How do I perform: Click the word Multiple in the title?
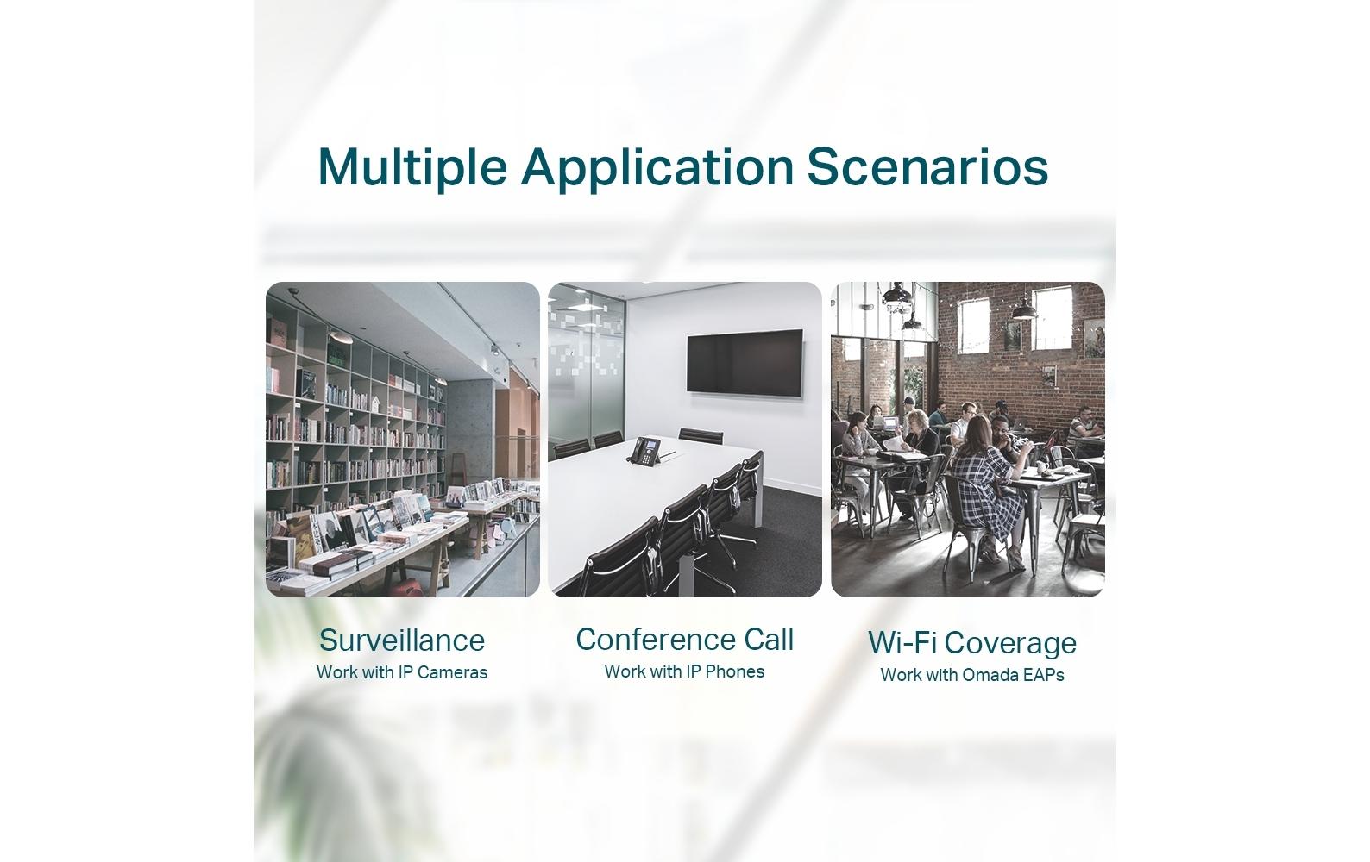pos(412,167)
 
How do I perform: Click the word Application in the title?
pos(657,167)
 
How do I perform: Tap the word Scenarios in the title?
pos(927,166)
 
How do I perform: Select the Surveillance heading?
pos(402,640)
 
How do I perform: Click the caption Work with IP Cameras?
pos(402,672)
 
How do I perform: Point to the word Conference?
pos(656,640)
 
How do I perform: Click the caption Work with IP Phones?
pos(684,671)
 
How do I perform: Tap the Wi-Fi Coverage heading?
pos(972,643)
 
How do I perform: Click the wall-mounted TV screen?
pos(745,363)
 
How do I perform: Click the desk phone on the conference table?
pos(646,451)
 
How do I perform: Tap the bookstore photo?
pos(402,440)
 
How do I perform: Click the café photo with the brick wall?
pos(968,440)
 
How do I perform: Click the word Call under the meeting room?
pos(769,640)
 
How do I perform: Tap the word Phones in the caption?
pos(734,671)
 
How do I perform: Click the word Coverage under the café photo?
pos(1014,643)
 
